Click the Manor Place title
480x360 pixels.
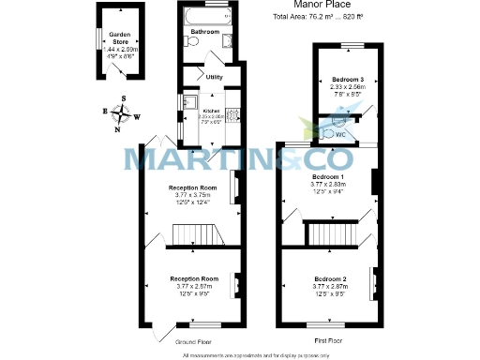[319, 5]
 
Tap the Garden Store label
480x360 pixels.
[119, 37]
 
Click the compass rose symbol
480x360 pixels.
[120, 115]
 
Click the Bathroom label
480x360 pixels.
[204, 33]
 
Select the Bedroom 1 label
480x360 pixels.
[328, 176]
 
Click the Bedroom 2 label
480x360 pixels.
[331, 280]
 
